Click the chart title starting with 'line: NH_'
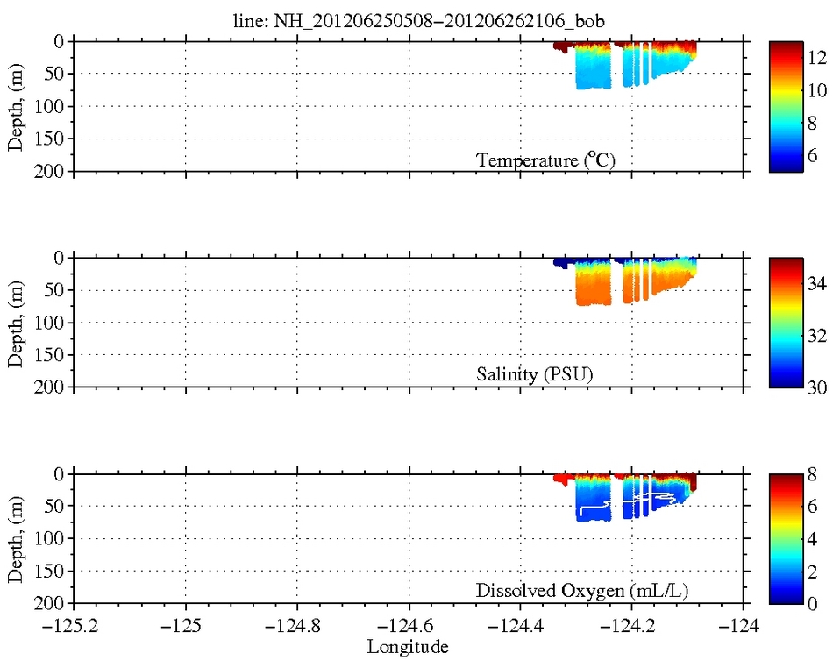click(409, 19)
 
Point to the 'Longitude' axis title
click(409, 648)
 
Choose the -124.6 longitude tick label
click(409, 628)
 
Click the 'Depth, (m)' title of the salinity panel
click(16, 323)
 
